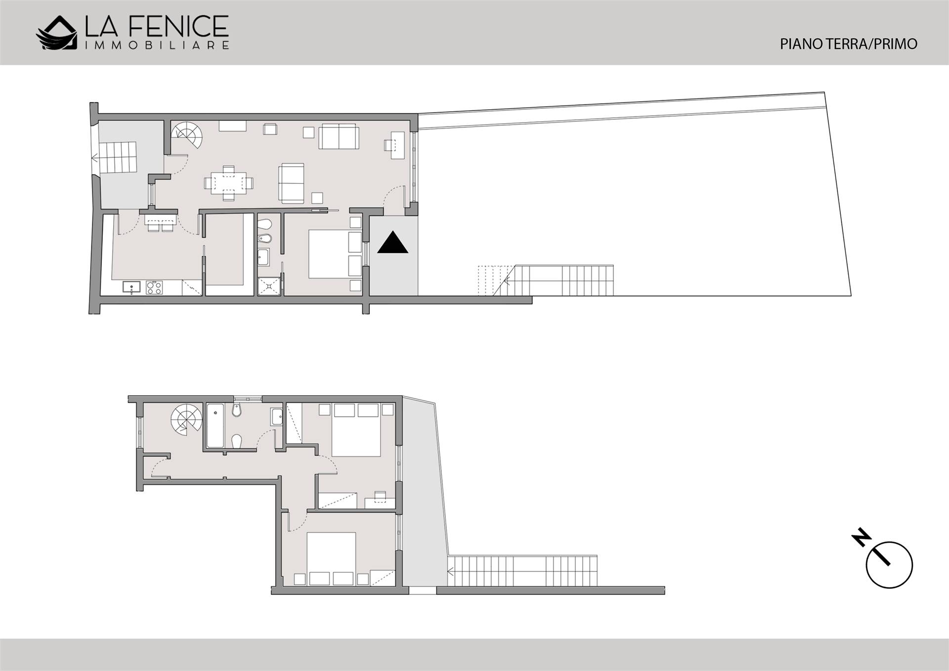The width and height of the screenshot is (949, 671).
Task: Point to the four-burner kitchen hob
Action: (x=154, y=287)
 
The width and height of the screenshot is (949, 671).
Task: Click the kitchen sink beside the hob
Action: (x=131, y=287)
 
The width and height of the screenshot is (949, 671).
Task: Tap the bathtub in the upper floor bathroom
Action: (x=215, y=425)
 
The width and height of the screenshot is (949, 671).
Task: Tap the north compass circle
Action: (x=889, y=565)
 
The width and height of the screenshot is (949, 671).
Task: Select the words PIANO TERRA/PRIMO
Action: (x=848, y=44)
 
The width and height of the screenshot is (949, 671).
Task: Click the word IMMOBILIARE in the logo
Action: (x=157, y=45)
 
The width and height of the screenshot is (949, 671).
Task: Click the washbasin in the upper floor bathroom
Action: (x=276, y=417)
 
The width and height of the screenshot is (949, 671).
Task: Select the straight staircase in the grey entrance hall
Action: (x=118, y=158)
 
